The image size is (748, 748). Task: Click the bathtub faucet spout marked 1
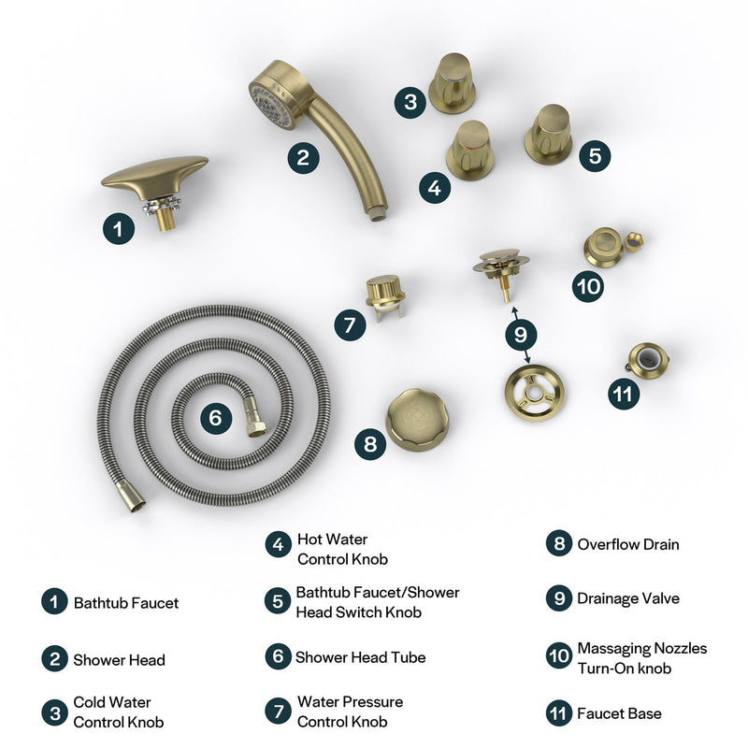point(153,178)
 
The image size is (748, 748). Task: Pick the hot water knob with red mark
point(470,151)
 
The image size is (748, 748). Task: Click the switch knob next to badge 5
point(549,133)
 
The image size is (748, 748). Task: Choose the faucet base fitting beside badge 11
point(646,360)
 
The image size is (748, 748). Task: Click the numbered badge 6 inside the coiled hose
point(216,418)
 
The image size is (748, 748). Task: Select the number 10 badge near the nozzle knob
point(589,286)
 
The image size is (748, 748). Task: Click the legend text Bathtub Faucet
point(126,603)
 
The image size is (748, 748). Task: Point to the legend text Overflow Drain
point(628,544)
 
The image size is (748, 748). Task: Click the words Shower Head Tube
point(361,657)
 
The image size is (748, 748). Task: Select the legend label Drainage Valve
point(628,598)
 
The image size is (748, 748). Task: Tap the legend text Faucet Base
point(619,713)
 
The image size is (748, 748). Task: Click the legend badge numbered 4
point(278,544)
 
